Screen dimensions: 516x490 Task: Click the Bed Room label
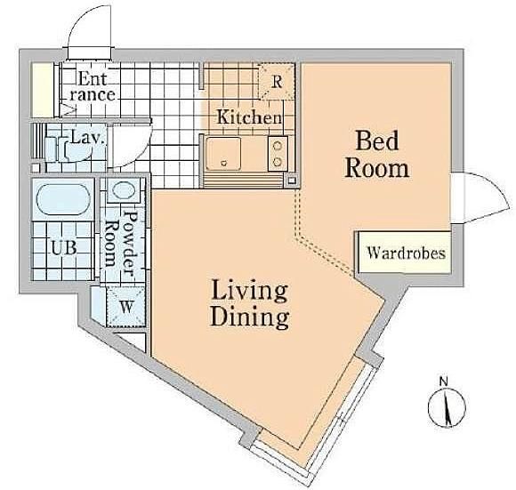tap(377, 154)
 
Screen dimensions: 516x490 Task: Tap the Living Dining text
tap(250, 304)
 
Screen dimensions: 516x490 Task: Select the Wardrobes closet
tap(405, 253)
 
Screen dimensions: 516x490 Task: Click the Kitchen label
tap(249, 117)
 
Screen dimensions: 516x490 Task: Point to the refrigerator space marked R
tap(277, 82)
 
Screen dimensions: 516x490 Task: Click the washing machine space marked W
tap(126, 307)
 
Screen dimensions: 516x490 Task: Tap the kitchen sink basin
tap(223, 154)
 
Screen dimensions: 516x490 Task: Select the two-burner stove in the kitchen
tap(278, 154)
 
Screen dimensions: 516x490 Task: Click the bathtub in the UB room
tap(63, 199)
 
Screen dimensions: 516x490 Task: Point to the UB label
tap(64, 247)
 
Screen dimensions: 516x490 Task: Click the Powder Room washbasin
tap(124, 190)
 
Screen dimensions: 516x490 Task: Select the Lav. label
tap(88, 138)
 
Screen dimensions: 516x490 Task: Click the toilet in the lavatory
tap(69, 149)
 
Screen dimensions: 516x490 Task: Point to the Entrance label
tap(93, 86)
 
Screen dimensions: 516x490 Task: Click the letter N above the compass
tap(444, 382)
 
